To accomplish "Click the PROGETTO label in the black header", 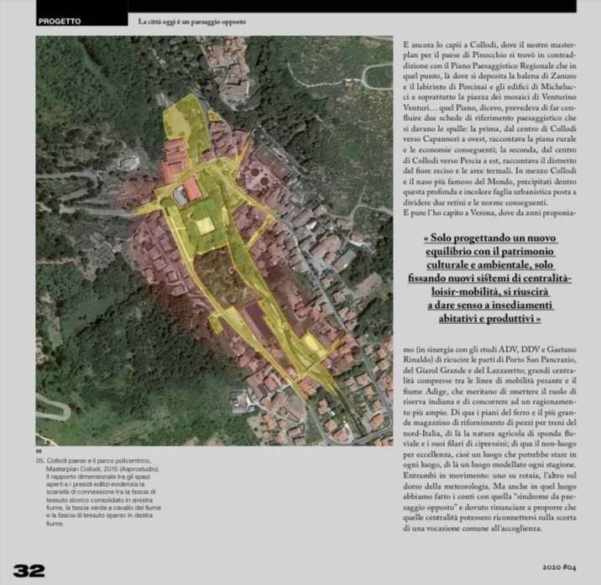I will click(60, 21).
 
